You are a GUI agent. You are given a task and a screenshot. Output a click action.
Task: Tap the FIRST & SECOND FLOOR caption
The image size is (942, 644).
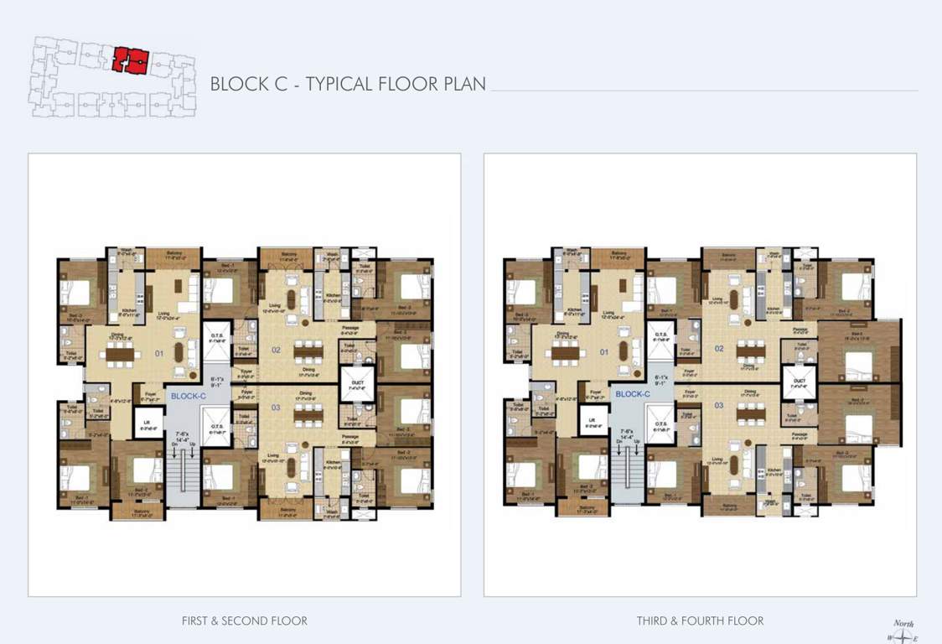click(244, 621)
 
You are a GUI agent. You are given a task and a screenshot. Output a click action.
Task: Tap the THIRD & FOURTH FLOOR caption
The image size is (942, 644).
click(700, 621)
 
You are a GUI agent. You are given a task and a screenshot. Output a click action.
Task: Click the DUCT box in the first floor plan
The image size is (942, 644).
click(351, 384)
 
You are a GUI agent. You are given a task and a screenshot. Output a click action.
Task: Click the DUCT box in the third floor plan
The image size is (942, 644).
click(798, 384)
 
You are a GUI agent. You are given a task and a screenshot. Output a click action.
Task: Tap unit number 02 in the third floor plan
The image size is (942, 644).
click(718, 348)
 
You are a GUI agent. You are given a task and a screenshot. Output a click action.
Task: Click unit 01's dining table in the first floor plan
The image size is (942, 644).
click(122, 354)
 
